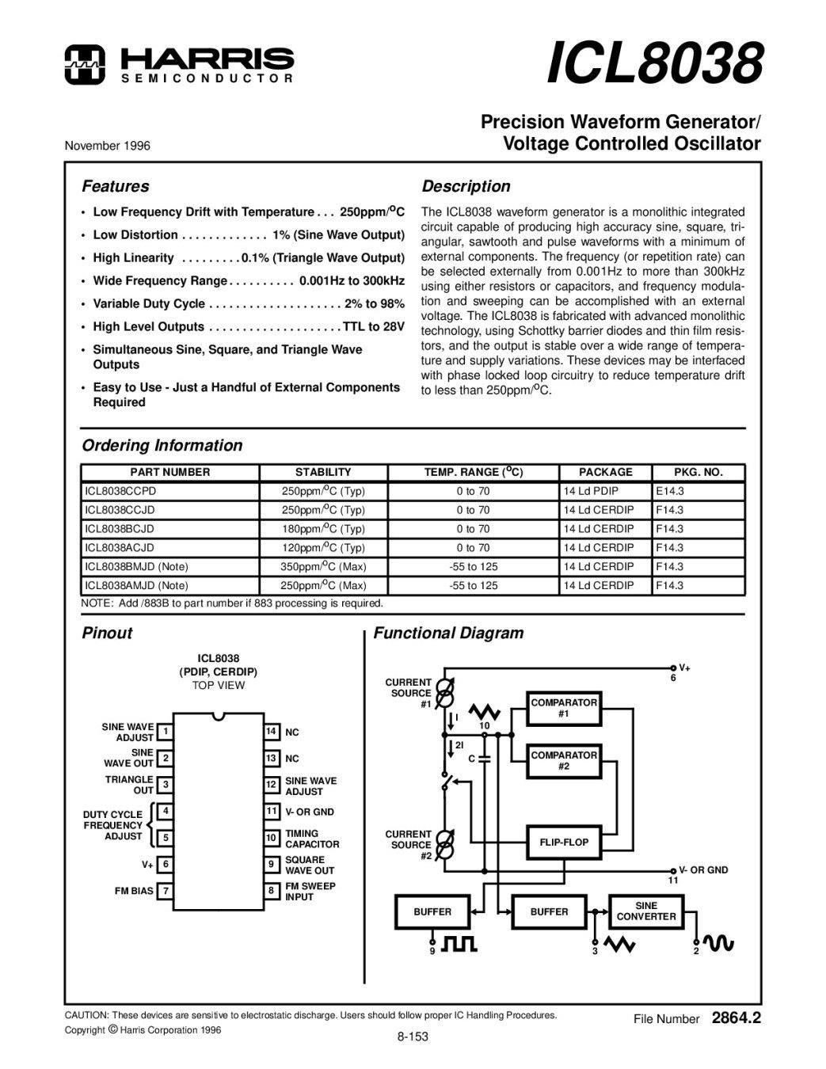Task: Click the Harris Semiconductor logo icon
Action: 85,64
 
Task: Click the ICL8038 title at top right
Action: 654,63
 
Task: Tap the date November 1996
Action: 107,146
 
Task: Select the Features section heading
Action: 116,186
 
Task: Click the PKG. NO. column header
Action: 698,472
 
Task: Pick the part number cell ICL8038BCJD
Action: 120,529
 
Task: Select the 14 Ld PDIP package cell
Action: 591,491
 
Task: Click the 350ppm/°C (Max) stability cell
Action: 323,567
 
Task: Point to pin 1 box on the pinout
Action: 166,732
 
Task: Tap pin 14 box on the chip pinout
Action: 272,732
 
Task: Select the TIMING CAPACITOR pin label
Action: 312,839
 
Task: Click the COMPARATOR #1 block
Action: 564,708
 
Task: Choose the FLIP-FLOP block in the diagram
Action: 564,843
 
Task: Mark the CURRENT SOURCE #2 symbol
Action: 445,844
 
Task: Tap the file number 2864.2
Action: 736,1018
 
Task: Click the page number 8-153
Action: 413,1037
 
